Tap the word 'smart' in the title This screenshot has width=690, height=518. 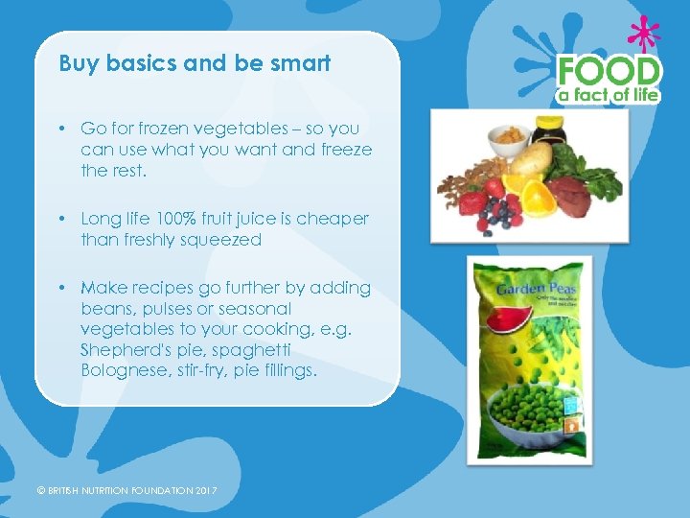click(x=301, y=64)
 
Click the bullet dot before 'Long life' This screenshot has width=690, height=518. click(x=60, y=219)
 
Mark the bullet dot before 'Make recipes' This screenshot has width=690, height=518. click(x=60, y=288)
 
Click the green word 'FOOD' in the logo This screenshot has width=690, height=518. click(x=609, y=71)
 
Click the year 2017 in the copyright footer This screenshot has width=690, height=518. click(x=206, y=491)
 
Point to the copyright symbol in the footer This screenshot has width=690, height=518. click(x=41, y=491)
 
